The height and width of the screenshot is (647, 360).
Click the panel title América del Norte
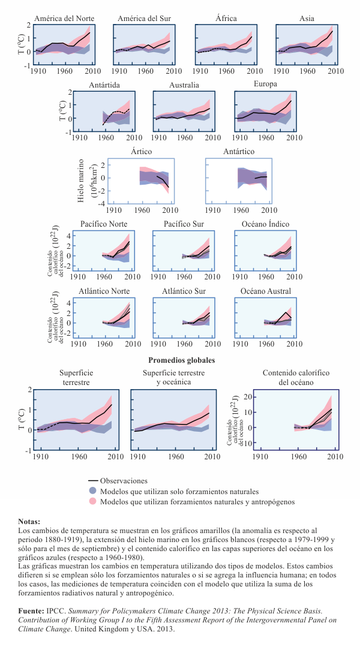point(64,19)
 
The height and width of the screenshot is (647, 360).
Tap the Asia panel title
point(307,19)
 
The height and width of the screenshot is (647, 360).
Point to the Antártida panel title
point(104,85)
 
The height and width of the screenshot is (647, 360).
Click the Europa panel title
point(266,84)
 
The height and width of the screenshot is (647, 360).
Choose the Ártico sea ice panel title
point(139,152)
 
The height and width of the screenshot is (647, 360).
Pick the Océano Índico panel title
point(265,224)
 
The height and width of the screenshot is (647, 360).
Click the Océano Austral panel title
point(266,291)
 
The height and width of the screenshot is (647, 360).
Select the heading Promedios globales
point(182,360)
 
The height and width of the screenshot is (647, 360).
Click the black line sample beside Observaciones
point(92,481)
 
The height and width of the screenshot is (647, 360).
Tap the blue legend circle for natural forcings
point(92,491)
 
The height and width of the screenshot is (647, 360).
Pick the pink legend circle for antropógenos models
point(92,501)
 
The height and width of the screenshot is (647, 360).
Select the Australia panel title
point(184,85)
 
